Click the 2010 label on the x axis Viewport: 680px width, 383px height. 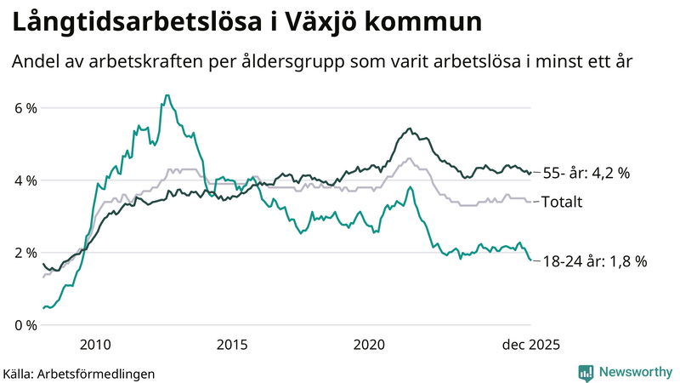click(94, 344)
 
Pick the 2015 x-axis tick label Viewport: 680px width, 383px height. click(232, 344)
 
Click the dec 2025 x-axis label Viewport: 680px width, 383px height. click(530, 344)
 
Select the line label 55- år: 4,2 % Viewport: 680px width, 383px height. click(586, 173)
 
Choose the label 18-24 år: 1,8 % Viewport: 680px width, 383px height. click(594, 261)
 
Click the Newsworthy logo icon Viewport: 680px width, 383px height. click(586, 372)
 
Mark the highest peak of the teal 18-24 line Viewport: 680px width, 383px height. click(167, 95)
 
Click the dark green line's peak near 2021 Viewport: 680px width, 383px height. click(410, 129)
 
